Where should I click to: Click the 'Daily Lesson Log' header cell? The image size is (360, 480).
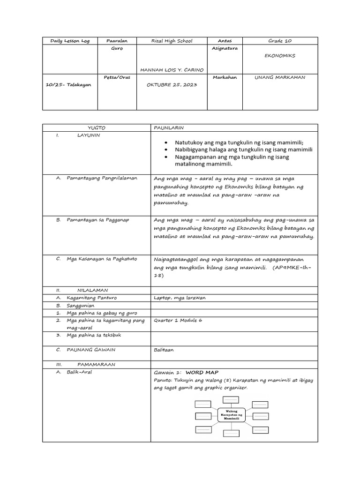tap(70, 41)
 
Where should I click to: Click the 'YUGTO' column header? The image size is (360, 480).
tap(97, 127)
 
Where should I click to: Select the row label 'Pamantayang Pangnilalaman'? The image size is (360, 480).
tap(99, 179)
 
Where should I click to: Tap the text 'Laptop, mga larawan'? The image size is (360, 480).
tap(180, 298)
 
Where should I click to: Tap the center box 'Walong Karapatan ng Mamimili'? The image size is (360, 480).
tap(232, 415)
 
